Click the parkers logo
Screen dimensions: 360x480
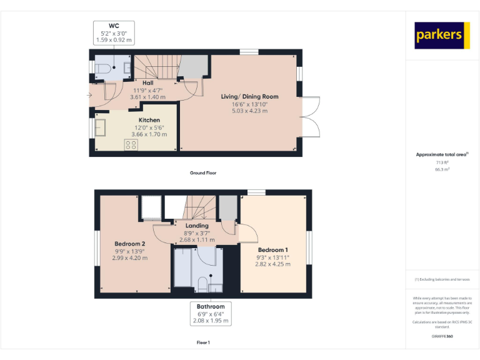coord(442,35)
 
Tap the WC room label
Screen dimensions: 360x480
coord(114,26)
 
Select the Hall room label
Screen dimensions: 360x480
coord(147,82)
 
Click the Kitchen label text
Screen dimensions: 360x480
coord(149,120)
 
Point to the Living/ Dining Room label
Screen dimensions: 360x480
coord(249,96)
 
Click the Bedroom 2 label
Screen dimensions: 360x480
coord(130,244)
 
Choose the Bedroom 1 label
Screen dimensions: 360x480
coord(273,249)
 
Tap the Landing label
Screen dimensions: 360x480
coord(197,226)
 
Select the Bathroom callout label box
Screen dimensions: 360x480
coord(211,314)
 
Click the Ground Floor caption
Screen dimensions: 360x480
coord(203,172)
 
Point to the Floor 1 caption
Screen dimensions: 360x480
coord(203,342)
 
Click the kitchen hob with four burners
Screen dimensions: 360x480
coord(131,144)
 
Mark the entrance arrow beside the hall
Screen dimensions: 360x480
coord(89,95)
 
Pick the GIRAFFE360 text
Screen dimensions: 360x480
coord(442,336)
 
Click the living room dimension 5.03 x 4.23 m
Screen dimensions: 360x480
coord(249,111)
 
